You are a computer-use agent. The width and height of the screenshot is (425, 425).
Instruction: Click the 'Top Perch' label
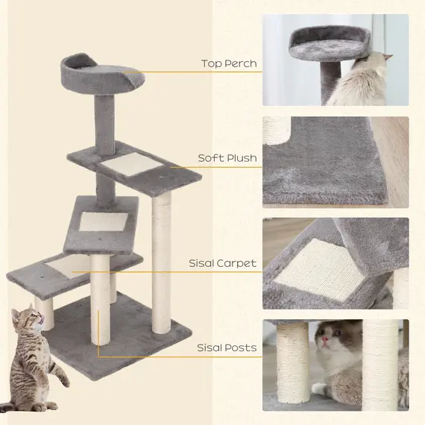pyautogui.click(x=229, y=63)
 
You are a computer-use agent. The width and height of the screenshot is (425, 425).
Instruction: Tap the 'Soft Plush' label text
pyautogui.click(x=227, y=158)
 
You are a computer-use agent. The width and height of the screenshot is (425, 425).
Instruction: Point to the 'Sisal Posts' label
pyautogui.click(x=227, y=347)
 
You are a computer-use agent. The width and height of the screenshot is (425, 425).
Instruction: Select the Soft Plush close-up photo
pyautogui.click(x=336, y=160)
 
